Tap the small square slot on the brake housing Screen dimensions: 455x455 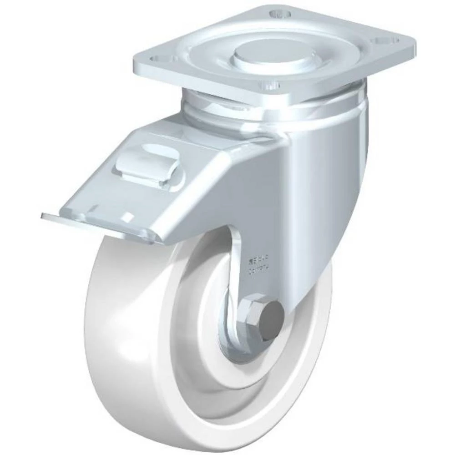(129, 216)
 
